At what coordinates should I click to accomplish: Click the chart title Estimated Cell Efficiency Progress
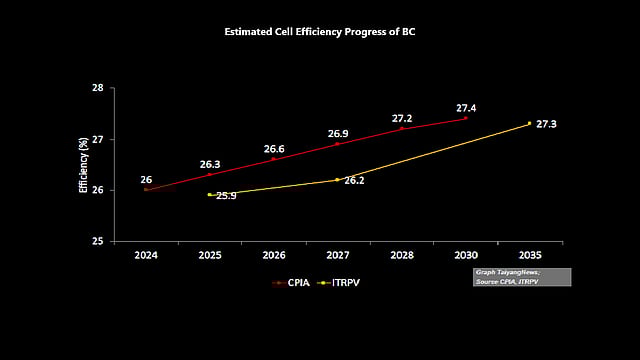pyautogui.click(x=320, y=32)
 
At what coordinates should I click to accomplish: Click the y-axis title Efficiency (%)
pyautogui.click(x=84, y=165)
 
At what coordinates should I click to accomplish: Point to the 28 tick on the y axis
pyautogui.click(x=98, y=88)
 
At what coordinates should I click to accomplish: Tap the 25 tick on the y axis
pyautogui.click(x=98, y=241)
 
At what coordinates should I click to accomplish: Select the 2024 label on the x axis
pyautogui.click(x=146, y=256)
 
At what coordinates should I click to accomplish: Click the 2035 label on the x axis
pyautogui.click(x=529, y=256)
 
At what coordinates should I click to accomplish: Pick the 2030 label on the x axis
pyautogui.click(x=465, y=256)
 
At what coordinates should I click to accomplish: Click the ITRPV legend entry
pyautogui.click(x=343, y=283)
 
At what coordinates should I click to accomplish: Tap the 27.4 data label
pyautogui.click(x=466, y=108)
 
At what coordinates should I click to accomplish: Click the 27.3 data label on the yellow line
pyautogui.click(x=546, y=124)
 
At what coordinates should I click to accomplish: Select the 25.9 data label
pyautogui.click(x=225, y=196)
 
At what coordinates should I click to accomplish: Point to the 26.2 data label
pyautogui.click(x=354, y=181)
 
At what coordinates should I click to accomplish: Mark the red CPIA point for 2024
pyautogui.click(x=146, y=189)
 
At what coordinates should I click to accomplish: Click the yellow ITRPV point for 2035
pyautogui.click(x=529, y=123)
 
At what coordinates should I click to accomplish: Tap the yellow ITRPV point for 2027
pyautogui.click(x=337, y=179)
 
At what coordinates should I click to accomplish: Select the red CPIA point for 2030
pyautogui.click(x=465, y=118)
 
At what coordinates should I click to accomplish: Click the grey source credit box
pyautogui.click(x=521, y=277)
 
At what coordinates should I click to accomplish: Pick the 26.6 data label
pyautogui.click(x=274, y=149)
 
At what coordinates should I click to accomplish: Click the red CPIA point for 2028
pyautogui.click(x=401, y=128)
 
